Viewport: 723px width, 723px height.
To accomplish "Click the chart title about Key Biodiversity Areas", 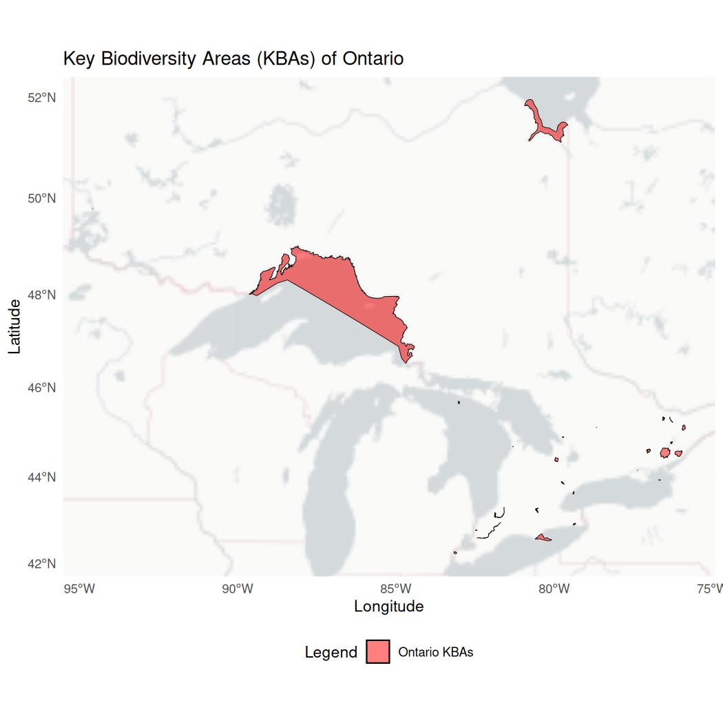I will pyautogui.click(x=233, y=59).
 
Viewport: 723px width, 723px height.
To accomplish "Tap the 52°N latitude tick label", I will pyautogui.click(x=41, y=98).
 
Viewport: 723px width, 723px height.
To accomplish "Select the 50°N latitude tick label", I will pyautogui.click(x=41, y=198).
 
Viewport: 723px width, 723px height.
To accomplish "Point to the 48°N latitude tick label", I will pyautogui.click(x=41, y=295).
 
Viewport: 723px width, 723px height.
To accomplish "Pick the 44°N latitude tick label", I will pyautogui.click(x=41, y=476).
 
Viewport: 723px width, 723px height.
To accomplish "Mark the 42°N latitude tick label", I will pyautogui.click(x=41, y=564).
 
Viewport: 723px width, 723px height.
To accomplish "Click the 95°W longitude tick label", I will pyautogui.click(x=78, y=589).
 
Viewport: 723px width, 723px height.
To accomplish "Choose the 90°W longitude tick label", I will pyautogui.click(x=237, y=589).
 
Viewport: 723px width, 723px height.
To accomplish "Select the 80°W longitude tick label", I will pyautogui.click(x=554, y=589).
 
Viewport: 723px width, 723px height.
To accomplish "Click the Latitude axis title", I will pyautogui.click(x=15, y=326).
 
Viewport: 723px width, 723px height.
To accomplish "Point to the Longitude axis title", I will pyautogui.click(x=388, y=607).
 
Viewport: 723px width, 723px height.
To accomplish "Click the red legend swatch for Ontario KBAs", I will pyautogui.click(x=378, y=651).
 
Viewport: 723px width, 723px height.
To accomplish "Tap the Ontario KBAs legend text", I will pyautogui.click(x=435, y=652).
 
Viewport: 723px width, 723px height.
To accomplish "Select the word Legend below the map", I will pyautogui.click(x=331, y=653).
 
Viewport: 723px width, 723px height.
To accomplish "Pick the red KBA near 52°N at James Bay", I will pyautogui.click(x=544, y=127).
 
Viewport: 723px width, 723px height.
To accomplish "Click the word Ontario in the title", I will pyautogui.click(x=372, y=59).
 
